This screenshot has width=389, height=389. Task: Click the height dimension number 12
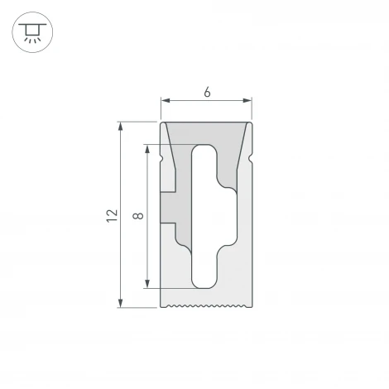pyautogui.click(x=110, y=216)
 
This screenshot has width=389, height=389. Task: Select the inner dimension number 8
pyautogui.click(x=137, y=217)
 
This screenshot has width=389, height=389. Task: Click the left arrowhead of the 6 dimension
pyautogui.click(x=164, y=102)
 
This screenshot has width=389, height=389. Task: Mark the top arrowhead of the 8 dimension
pyautogui.click(x=147, y=151)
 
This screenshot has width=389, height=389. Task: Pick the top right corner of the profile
pyautogui.click(x=252, y=123)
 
